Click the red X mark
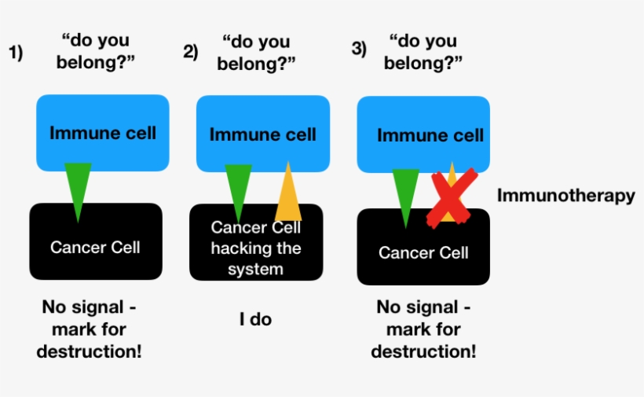[451, 198]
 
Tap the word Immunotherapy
[565, 196]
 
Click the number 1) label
[16, 53]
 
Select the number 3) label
[359, 49]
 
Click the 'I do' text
[255, 319]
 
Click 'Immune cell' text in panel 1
[103, 132]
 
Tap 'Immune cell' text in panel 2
[262, 134]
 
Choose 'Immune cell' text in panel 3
[430, 135]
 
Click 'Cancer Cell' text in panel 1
[95, 247]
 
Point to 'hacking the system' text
[257, 259]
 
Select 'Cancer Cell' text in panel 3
[423, 252]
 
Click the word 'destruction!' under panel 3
[423, 351]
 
